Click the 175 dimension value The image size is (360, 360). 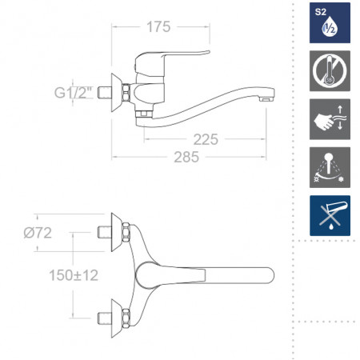pos(158,27)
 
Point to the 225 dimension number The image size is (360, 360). pos(206,139)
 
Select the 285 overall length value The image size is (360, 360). pos(186,157)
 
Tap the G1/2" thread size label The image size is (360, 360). pos(73,93)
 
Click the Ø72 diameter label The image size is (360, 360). pos(38,233)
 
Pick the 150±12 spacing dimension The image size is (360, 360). pos(74,275)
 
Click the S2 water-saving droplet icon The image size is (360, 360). pos(330,23)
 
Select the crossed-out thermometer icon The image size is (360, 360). pos(330,71)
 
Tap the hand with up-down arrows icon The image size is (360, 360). pos(330,119)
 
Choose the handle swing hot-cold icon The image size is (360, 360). pos(330,167)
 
